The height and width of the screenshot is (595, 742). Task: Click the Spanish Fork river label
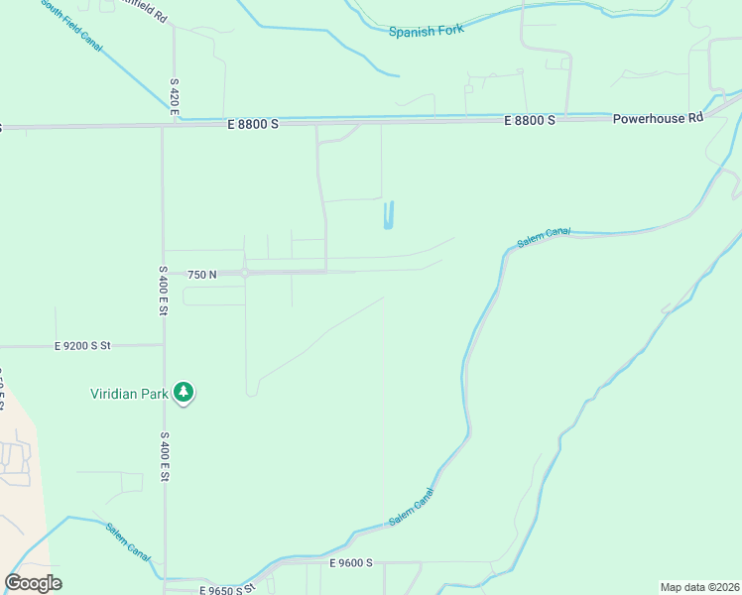[427, 31]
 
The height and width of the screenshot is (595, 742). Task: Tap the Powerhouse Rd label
[657, 117]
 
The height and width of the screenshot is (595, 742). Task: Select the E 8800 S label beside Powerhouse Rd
[530, 119]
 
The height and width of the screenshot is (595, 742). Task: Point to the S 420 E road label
[174, 98]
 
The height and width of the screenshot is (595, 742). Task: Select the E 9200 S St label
[82, 346]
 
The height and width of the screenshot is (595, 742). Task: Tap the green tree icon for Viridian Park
[184, 393]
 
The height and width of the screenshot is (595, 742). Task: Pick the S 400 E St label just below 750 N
[163, 291]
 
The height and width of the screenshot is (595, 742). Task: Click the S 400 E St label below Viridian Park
[166, 457]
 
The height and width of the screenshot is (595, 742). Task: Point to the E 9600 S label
[350, 562]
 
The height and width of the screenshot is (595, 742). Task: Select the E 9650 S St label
[227, 589]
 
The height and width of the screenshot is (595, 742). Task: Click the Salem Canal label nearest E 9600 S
[412, 507]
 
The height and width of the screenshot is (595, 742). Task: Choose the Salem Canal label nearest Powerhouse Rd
[544, 239]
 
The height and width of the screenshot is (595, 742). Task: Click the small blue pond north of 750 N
[389, 215]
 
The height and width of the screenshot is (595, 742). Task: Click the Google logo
[33, 583]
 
